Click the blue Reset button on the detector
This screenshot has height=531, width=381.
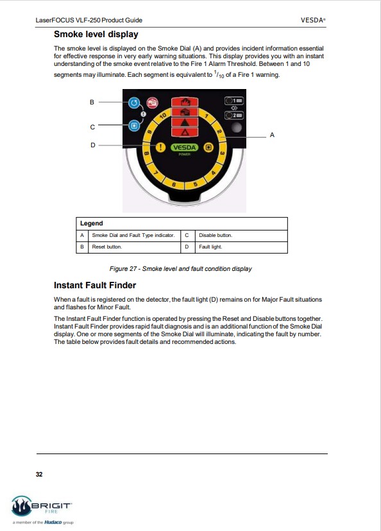tap(134, 102)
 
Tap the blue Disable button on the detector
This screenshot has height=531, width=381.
tap(134, 126)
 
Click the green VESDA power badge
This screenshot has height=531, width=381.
tap(184, 148)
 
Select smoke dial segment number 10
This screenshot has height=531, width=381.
tap(163, 117)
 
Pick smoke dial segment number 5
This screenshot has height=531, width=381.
tap(195, 184)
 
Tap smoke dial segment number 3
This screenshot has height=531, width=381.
tap(222, 154)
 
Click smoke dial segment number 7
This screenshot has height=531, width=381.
tap(157, 173)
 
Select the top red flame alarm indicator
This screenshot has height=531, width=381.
tap(185, 102)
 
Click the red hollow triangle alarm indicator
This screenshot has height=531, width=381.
tap(185, 132)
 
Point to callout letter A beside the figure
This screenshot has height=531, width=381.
tap(272, 135)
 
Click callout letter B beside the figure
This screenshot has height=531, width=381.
tap(92, 102)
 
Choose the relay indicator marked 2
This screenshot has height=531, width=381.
tap(234, 115)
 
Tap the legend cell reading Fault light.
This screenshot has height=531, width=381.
tap(210, 247)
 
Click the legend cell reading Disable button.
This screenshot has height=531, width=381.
tap(216, 235)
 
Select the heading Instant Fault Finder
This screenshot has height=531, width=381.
tap(95, 285)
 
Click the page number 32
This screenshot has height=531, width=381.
tap(39, 474)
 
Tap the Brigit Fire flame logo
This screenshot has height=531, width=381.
tap(21, 506)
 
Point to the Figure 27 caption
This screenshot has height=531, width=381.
tap(180, 268)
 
